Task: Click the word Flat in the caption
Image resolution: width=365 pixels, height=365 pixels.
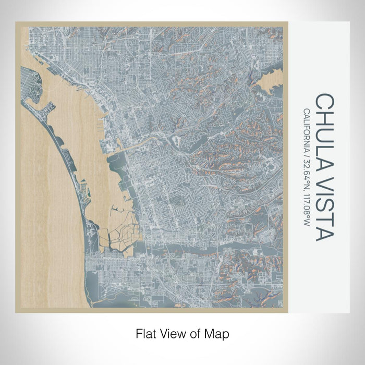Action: pyautogui.click(x=146, y=332)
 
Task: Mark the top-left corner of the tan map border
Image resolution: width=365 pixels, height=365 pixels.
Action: pyautogui.click(x=16, y=22)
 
